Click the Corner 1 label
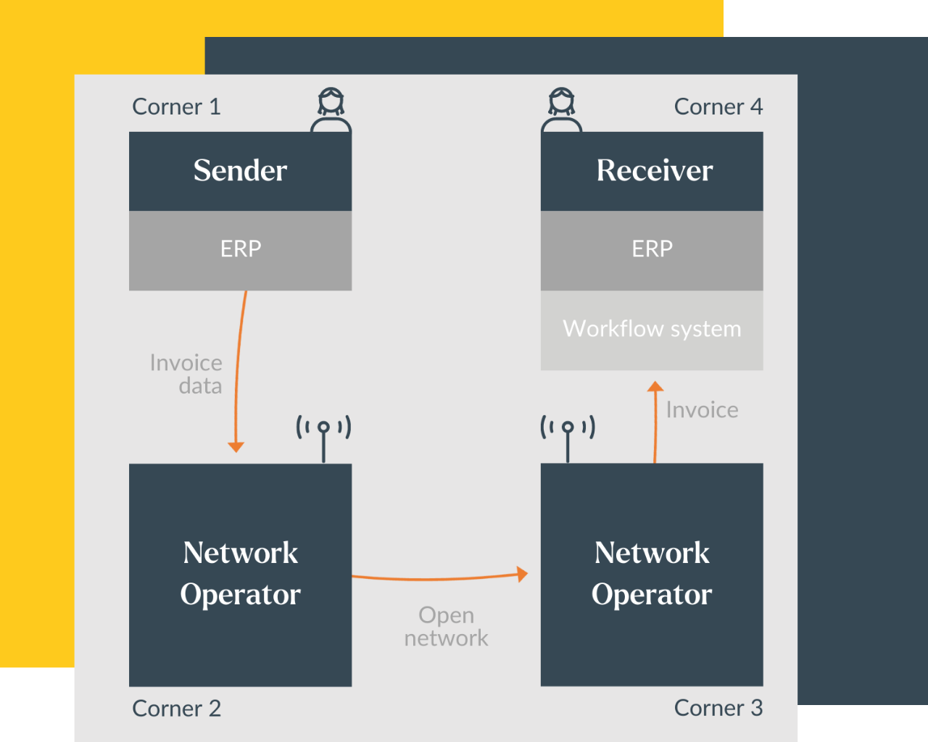pos(176,107)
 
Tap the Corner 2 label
pos(176,708)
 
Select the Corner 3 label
pos(718,708)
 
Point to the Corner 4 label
pos(718,107)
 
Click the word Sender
pos(240,171)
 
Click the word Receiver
pos(654,171)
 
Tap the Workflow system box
pos(652,330)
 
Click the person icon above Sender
pos(331,110)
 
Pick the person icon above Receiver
pos(561,110)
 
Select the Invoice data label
pos(187,374)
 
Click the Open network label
pos(446,626)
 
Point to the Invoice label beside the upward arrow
pos(702,410)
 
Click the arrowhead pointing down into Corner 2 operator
pos(236,446)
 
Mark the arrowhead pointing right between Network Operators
pos(522,574)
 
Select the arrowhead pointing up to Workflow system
pos(655,387)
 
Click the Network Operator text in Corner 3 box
pos(652,573)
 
